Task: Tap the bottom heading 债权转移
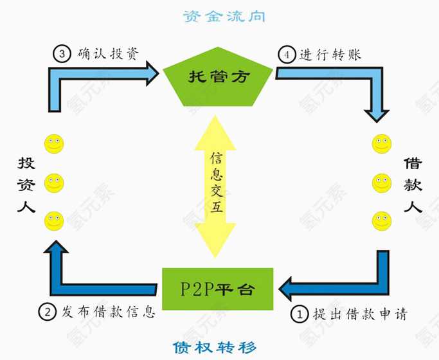click(215, 348)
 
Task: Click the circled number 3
click(62, 54)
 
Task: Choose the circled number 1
click(300, 314)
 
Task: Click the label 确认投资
click(107, 54)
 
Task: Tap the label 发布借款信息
click(108, 312)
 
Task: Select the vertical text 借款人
click(412, 186)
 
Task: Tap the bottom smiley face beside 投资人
click(54, 222)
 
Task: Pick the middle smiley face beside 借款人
click(382, 183)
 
